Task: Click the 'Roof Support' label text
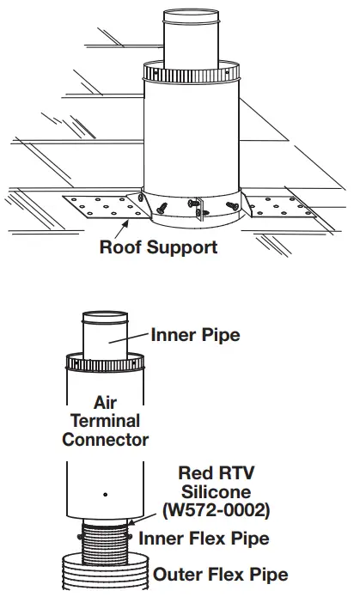pos(158,248)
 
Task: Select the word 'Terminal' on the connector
pos(105,421)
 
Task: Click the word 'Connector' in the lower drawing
pos(105,440)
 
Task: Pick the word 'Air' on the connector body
pos(105,402)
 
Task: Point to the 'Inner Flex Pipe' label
pos(204,539)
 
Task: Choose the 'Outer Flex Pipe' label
pos(220,574)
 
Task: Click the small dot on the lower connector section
pos(105,494)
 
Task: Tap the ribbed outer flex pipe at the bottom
pos(104,574)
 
